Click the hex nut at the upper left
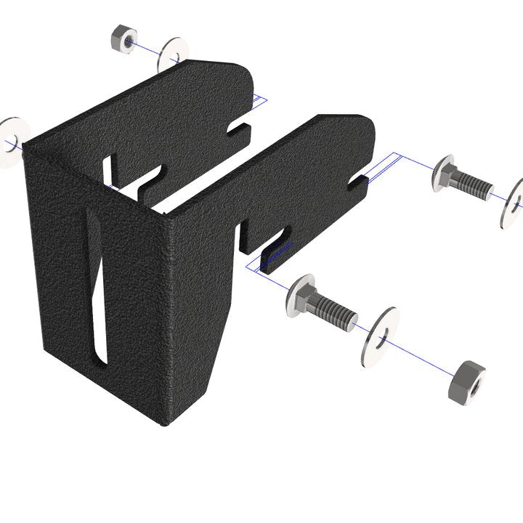click(120, 40)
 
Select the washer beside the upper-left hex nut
click(172, 54)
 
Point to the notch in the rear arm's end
click(240, 129)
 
